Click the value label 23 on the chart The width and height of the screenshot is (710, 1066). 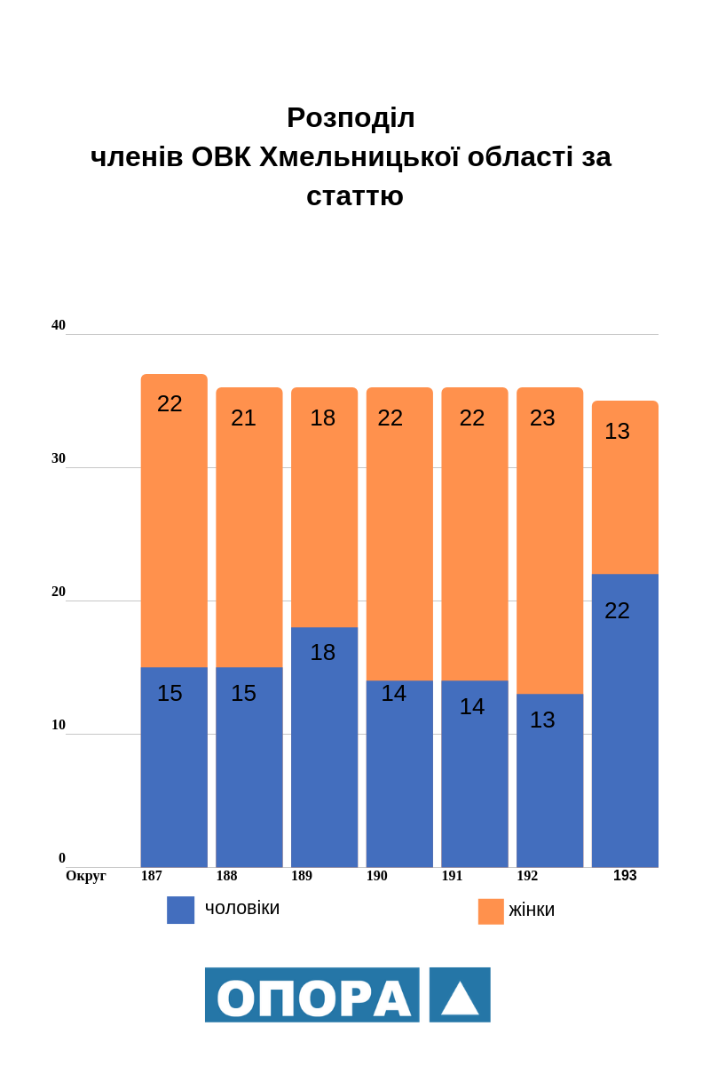pyautogui.click(x=542, y=418)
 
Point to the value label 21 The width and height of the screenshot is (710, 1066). pyautogui.click(x=243, y=418)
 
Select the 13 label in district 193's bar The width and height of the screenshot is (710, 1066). pyautogui.click(x=617, y=431)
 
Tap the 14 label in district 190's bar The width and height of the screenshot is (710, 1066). pyautogui.click(x=393, y=693)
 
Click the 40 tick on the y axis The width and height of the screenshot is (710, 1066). pyautogui.click(x=59, y=325)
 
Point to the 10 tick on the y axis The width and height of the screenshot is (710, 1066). pyautogui.click(x=59, y=725)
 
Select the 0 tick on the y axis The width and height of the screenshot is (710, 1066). pyautogui.click(x=62, y=858)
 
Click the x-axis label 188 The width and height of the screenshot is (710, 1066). pyautogui.click(x=226, y=876)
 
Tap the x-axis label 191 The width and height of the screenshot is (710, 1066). pyautogui.click(x=452, y=876)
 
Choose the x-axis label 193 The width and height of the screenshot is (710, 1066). pyautogui.click(x=625, y=876)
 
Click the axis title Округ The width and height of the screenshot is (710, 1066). pyautogui.click(x=86, y=876)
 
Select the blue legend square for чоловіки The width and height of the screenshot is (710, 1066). pyautogui.click(x=180, y=910)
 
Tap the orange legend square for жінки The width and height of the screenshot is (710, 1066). pyautogui.click(x=491, y=911)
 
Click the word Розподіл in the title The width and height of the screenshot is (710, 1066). pyautogui.click(x=351, y=117)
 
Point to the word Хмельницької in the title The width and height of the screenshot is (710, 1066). pyautogui.click(x=359, y=156)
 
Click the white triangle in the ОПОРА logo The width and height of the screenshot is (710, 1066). pyautogui.click(x=460, y=998)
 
